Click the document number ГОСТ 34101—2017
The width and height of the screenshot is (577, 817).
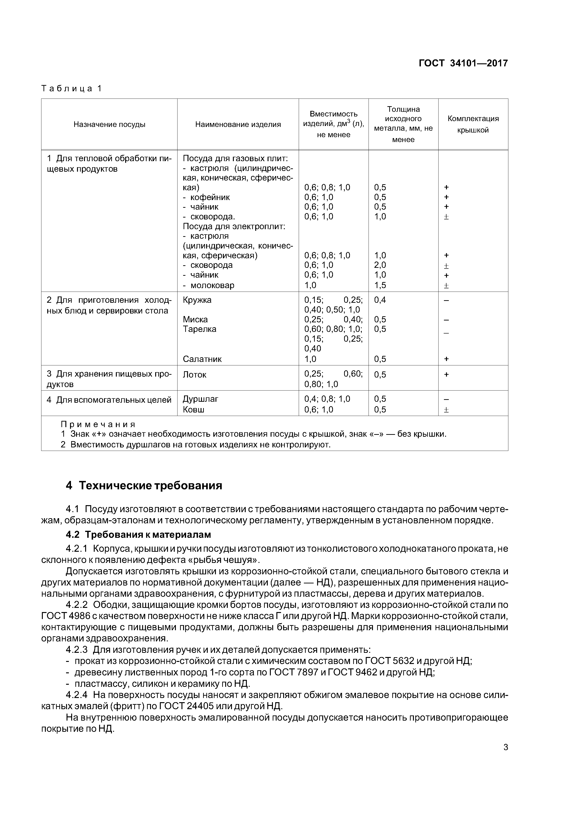(463, 63)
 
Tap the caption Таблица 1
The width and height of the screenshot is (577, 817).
(71, 89)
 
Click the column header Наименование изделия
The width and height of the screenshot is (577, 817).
(238, 125)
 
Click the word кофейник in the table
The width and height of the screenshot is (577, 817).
(210, 197)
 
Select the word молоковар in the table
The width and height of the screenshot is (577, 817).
(212, 285)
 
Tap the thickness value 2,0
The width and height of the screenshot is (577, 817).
(380, 265)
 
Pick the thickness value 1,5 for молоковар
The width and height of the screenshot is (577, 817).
(380, 285)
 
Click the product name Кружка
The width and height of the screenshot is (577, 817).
(197, 300)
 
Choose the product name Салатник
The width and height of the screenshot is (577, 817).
(202, 359)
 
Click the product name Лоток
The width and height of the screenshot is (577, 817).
(195, 375)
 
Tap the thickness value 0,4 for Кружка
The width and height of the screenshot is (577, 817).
(380, 300)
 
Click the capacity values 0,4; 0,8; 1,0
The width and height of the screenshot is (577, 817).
(327, 399)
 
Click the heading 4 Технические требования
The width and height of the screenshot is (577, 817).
(144, 486)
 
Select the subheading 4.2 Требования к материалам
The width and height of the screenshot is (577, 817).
(138, 535)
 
